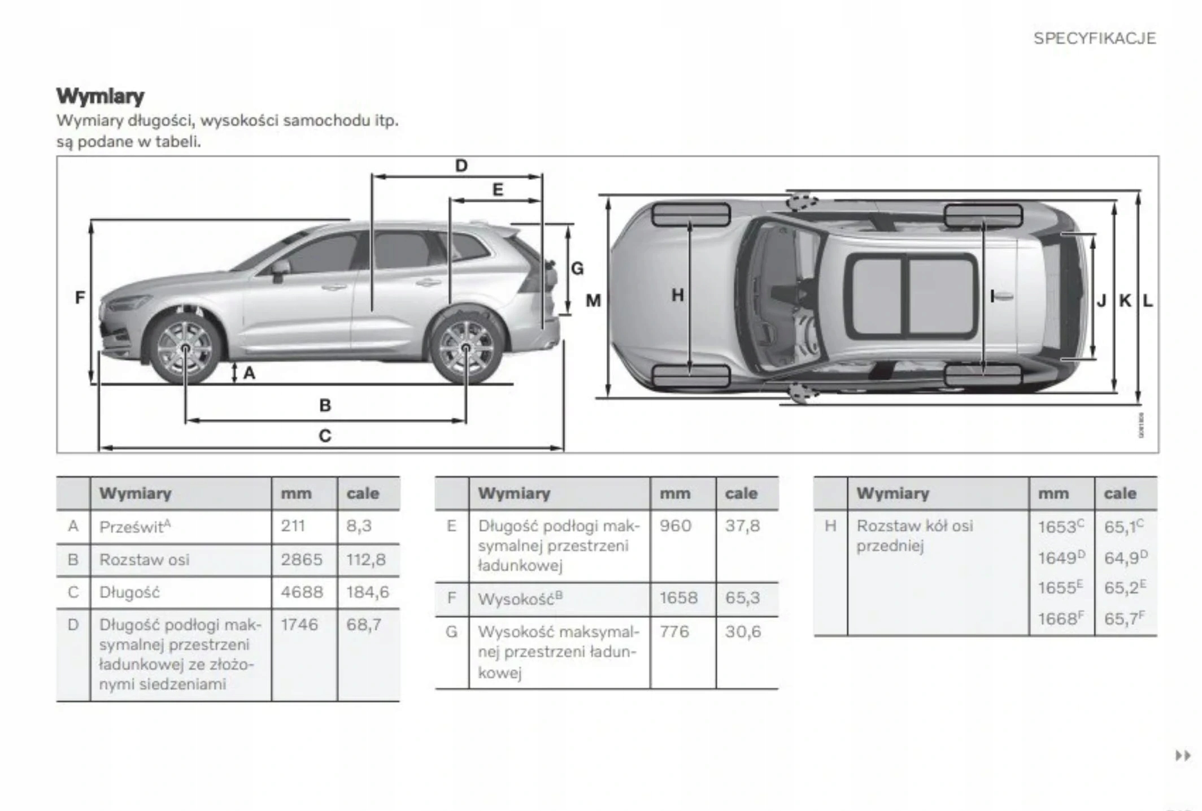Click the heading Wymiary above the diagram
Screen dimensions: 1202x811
pyautogui.click(x=101, y=96)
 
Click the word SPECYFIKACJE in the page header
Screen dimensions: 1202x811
pyautogui.click(x=1094, y=38)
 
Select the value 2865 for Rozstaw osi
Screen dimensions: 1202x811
pyautogui.click(x=302, y=560)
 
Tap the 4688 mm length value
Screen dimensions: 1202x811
pyautogui.click(x=302, y=592)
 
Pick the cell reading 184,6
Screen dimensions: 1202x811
pyautogui.click(x=367, y=592)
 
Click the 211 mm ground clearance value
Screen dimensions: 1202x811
pyautogui.click(x=293, y=526)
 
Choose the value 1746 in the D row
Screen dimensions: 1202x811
pyautogui.click(x=299, y=624)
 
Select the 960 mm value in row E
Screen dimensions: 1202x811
pyautogui.click(x=676, y=526)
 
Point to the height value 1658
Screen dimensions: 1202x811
pyautogui.click(x=678, y=598)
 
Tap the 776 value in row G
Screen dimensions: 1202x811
pyautogui.click(x=674, y=631)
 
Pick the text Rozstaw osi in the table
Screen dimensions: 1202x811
pyautogui.click(x=144, y=560)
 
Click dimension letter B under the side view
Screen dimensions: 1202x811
pyautogui.click(x=325, y=405)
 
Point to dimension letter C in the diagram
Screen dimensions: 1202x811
pyautogui.click(x=325, y=436)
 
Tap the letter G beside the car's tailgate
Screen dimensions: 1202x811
pyautogui.click(x=577, y=268)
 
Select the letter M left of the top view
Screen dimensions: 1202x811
pyautogui.click(x=593, y=301)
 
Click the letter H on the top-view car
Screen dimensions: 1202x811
pyautogui.click(x=677, y=294)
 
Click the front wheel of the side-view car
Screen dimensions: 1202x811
pyautogui.click(x=185, y=348)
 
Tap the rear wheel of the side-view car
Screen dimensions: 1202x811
pyautogui.click(x=465, y=348)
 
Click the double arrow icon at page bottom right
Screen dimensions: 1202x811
pyautogui.click(x=1183, y=755)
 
